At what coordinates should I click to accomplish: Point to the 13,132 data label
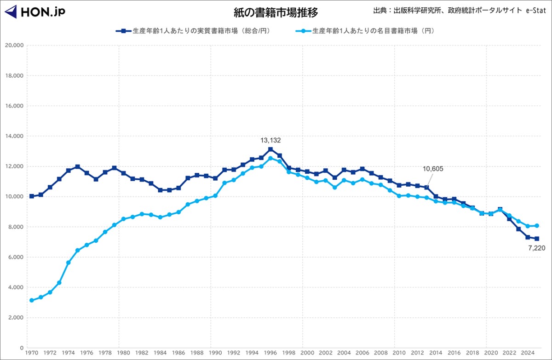pos(270,140)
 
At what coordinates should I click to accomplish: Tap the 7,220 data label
pos(536,248)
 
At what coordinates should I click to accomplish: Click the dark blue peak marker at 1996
pos(270,149)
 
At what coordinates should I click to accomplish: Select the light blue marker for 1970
pos(31,300)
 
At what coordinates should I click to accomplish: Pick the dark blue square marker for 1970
pos(31,196)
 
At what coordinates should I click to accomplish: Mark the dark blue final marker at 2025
pos(537,239)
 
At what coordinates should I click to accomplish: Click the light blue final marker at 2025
pos(537,226)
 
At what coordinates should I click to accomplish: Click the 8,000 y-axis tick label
pos(16,227)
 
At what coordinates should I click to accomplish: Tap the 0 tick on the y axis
pos(21,348)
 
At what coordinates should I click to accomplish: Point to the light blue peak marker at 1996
pos(270,158)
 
